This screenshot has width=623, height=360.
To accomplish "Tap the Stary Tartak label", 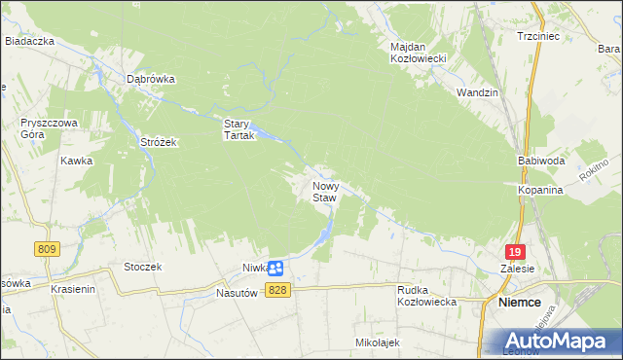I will point(238,129).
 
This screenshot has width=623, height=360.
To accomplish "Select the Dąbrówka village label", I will point(150,80).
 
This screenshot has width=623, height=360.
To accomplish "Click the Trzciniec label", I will point(538,36).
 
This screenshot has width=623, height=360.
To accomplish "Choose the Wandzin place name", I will point(477,92).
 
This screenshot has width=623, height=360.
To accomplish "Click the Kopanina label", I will point(540,191).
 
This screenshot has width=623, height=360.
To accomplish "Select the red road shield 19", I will point(516,251).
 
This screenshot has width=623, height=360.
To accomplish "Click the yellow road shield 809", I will point(45,250).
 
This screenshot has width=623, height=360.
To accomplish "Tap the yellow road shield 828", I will point(277,291).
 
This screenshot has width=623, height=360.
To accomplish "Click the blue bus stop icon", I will point(275,268).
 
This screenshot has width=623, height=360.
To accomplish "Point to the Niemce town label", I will point(520,303).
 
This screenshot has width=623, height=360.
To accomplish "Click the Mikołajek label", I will point(378,342).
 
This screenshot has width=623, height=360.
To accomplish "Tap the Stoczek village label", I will point(142,267).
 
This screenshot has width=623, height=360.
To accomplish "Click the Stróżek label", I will point(157,142).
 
